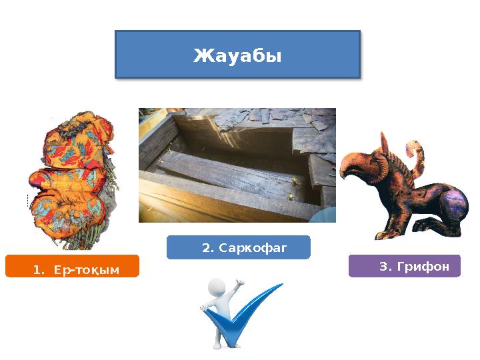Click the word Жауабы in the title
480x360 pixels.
[237, 56]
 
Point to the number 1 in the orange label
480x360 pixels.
[36, 269]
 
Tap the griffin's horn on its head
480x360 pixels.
[386, 143]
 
